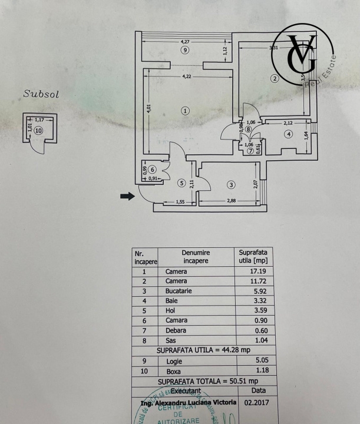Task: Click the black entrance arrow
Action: pyautogui.click(x=127, y=197)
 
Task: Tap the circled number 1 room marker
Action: pyautogui.click(x=185, y=110)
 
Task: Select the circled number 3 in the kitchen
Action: pyautogui.click(x=232, y=185)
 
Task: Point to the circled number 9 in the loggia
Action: pyautogui.click(x=185, y=51)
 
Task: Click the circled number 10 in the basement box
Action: pyautogui.click(x=39, y=131)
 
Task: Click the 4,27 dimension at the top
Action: pyautogui.click(x=185, y=41)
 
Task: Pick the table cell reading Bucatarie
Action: pyautogui.click(x=177, y=291)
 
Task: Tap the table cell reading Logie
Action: pyautogui.click(x=176, y=360)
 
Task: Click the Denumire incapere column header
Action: pyautogui.click(x=196, y=257)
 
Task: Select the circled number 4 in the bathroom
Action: pyautogui.click(x=288, y=134)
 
